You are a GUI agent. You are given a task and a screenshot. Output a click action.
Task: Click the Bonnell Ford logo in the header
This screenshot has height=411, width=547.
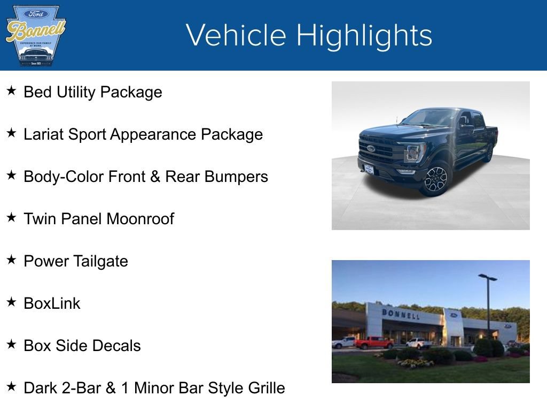pos(35,35)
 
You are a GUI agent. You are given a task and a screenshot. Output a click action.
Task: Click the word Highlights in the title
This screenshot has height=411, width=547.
pos(364,35)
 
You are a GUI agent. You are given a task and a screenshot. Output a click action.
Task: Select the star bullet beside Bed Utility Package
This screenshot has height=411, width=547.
pos(11,91)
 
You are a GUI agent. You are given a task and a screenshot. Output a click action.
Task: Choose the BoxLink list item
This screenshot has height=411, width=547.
pos(52,303)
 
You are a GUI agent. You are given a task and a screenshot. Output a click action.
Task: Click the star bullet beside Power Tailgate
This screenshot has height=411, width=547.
pos(11,260)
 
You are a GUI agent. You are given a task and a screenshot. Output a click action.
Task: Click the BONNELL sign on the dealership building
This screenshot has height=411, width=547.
pos(401,314)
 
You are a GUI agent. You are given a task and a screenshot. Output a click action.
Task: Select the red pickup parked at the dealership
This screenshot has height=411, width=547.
pos(374,342)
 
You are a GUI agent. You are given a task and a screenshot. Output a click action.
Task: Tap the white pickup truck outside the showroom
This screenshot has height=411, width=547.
pos(418,343)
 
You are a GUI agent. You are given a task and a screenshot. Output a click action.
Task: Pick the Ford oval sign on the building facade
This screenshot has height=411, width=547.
pos(454,315)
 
